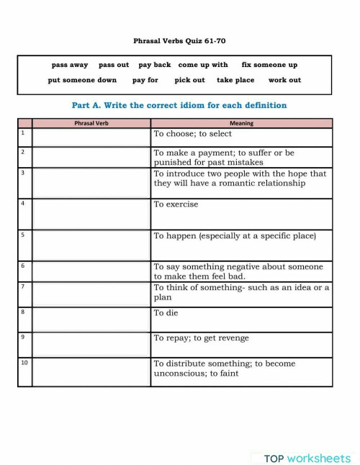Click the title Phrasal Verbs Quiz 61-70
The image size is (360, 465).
point(179,41)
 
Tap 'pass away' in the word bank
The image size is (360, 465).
point(70,65)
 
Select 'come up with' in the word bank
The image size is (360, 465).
point(203,65)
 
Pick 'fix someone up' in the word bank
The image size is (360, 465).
point(269,65)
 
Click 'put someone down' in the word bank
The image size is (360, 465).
point(82,80)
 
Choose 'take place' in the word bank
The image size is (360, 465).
point(235,80)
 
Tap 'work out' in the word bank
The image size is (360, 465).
point(284,80)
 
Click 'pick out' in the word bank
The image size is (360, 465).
point(189,80)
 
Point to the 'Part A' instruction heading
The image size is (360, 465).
point(179,105)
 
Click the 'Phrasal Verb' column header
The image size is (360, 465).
point(91,123)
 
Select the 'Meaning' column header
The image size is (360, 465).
point(241,123)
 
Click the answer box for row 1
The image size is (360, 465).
point(91,137)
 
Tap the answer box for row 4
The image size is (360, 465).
point(91,214)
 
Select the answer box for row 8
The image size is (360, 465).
point(91,319)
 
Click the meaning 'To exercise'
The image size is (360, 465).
point(176,204)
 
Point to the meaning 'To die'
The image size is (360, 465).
point(166,313)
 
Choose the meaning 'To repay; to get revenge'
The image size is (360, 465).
point(202,338)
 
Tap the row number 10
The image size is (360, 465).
point(24,363)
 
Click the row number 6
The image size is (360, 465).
point(23,266)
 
